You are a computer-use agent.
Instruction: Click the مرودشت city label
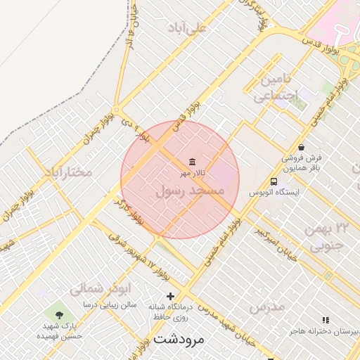click(178, 339)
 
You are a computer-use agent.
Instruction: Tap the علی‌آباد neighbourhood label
click(188, 27)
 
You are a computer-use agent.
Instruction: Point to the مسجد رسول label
click(189, 191)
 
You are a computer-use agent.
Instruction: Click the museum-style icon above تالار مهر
click(193, 162)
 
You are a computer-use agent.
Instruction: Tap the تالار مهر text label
click(193, 173)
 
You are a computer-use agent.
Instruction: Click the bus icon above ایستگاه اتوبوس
click(274, 181)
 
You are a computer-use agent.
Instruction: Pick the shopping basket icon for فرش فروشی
click(301, 148)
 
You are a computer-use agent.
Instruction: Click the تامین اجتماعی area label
click(275, 87)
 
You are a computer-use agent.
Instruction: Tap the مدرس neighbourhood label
click(266, 307)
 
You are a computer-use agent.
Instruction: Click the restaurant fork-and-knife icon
click(325, 320)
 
